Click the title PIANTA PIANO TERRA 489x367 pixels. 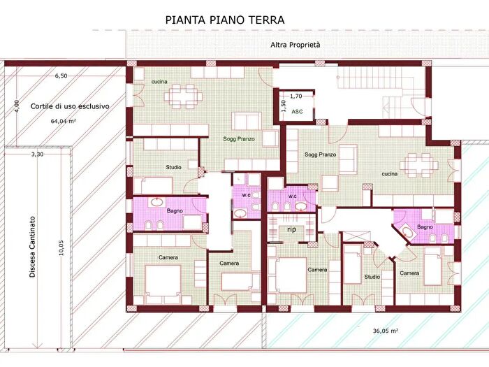pyautogui.click(x=224, y=20)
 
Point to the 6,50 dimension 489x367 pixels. pyautogui.click(x=61, y=75)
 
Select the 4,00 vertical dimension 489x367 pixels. pyautogui.click(x=17, y=106)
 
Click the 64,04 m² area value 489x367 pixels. pyautogui.click(x=63, y=121)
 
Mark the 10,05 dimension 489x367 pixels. pyautogui.click(x=62, y=250)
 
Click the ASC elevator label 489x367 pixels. pyautogui.click(x=297, y=111)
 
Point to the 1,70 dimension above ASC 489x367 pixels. pyautogui.click(x=295, y=96)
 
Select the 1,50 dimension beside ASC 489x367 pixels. pyautogui.click(x=284, y=107)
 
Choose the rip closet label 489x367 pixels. pyautogui.click(x=291, y=229)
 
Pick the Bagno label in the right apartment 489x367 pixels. pyautogui.click(x=425, y=226)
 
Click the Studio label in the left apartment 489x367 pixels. pyautogui.click(x=173, y=167)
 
